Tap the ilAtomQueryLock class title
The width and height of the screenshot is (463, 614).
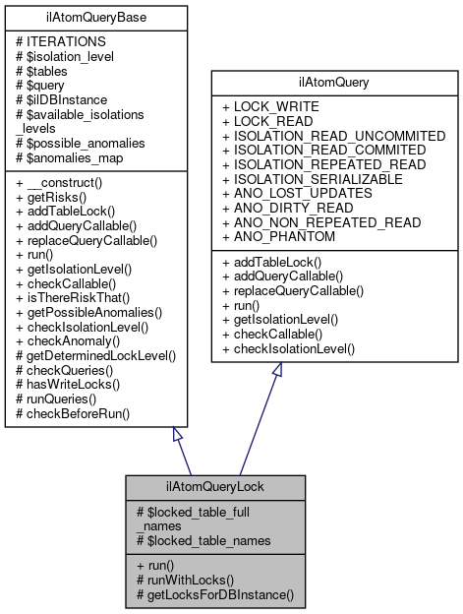coord(215,485)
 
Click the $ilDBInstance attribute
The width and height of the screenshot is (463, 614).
coord(61,100)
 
